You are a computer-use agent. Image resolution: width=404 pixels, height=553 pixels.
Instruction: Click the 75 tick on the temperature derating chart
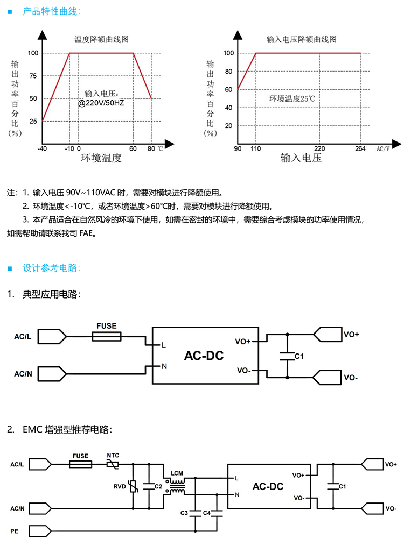(33, 76)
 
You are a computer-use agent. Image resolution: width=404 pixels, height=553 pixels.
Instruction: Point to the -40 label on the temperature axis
(42, 148)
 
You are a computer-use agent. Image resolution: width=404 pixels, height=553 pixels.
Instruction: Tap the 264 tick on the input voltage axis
(360, 148)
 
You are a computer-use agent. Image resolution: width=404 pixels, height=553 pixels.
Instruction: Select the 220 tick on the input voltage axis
(319, 148)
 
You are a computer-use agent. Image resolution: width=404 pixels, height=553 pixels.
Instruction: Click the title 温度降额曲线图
(101, 40)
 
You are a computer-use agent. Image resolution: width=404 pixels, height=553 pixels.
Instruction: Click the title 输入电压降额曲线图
(302, 40)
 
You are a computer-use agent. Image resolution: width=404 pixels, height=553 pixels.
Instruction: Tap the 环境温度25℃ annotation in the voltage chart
(292, 99)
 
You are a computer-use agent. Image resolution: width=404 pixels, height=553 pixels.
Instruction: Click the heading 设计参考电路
(52, 267)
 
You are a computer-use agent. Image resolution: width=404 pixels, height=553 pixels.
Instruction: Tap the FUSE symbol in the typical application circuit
(107, 337)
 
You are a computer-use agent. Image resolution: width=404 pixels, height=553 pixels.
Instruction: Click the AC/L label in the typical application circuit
(23, 337)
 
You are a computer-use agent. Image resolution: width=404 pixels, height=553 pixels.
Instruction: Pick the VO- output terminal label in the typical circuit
(351, 378)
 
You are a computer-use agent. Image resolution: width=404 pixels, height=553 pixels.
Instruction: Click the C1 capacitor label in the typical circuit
(299, 356)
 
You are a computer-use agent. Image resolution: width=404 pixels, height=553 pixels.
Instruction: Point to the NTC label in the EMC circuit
(113, 455)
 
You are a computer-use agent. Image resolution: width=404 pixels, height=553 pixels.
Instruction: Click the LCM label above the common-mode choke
(177, 473)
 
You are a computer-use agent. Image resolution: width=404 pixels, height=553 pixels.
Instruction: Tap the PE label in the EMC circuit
(15, 531)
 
